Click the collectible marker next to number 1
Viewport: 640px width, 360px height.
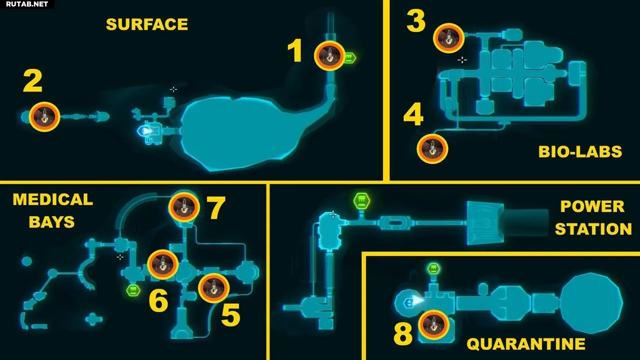pos(329,55)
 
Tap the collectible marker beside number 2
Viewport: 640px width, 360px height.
pos(44,116)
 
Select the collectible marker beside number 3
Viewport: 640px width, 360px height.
pos(449,38)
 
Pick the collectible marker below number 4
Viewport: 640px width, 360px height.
pos(432,149)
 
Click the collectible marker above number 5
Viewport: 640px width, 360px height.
pos(213,288)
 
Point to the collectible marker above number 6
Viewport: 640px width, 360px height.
pos(163,264)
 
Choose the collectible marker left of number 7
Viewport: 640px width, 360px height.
pos(184,207)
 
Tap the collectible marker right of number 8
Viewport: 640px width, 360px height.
pos(433,325)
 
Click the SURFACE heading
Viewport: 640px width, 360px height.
pos(147,24)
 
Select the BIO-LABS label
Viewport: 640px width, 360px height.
pos(580,151)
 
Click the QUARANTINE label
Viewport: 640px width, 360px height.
pos(526,344)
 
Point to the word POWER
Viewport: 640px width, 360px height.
pos(592,206)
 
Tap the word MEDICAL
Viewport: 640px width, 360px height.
pos(53,199)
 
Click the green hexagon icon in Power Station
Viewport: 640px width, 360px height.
pos(361,201)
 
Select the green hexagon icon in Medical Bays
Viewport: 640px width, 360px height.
pos(133,290)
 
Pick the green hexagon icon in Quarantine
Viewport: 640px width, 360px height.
pos(433,269)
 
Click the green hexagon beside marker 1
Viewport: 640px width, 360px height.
pos(349,58)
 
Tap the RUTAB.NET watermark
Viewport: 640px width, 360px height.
pos(26,4)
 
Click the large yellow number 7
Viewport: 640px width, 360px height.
pos(216,207)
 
